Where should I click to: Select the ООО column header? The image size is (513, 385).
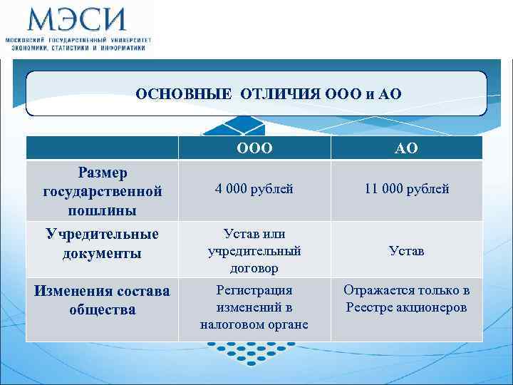pos(254,148)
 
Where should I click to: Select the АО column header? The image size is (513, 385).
pos(407,148)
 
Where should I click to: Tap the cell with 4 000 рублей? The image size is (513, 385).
pos(254,189)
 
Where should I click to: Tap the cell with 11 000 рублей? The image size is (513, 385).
pos(407,189)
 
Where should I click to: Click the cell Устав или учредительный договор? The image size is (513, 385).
pos(254,251)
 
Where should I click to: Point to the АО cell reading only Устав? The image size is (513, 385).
pos(407,251)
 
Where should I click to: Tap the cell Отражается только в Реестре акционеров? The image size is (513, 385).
pos(407,299)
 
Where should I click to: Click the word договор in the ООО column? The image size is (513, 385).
pos(254,268)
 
